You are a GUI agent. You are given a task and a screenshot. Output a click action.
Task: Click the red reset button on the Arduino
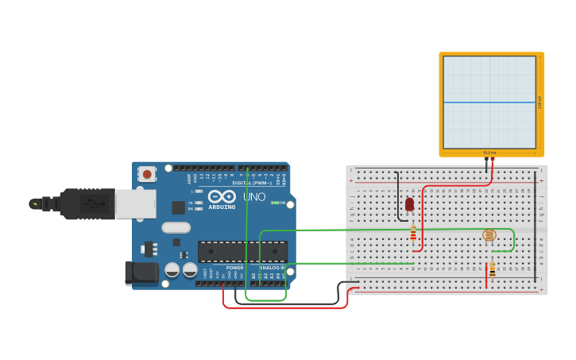pos(147,174)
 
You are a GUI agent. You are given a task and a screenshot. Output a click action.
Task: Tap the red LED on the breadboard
pos(410,204)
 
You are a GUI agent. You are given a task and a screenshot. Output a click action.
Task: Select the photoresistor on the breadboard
pos(489,234)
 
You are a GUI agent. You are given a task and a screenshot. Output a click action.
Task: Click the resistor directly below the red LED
pos(412,233)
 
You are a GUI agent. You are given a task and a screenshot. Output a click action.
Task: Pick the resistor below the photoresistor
pos(492,269)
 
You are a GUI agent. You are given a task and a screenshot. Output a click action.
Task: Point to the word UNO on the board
pos(254,196)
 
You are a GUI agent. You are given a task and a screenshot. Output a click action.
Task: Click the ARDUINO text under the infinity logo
pos(222,207)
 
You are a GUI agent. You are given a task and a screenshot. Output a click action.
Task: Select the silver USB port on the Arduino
pos(135,203)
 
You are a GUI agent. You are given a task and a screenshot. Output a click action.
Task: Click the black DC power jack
pos(141,272)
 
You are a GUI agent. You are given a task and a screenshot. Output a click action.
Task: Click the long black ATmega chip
pos(242,251)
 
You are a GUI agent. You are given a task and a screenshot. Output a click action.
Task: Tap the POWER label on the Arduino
pos(234,268)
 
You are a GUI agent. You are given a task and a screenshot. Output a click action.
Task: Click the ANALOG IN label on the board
pos(273,268)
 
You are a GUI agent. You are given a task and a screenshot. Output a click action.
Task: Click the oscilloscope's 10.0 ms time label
pos(489,152)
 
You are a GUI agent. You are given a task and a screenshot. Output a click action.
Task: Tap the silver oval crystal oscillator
pos(176,227)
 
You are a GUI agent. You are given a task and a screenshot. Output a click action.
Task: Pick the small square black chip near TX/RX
pos(178,207)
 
